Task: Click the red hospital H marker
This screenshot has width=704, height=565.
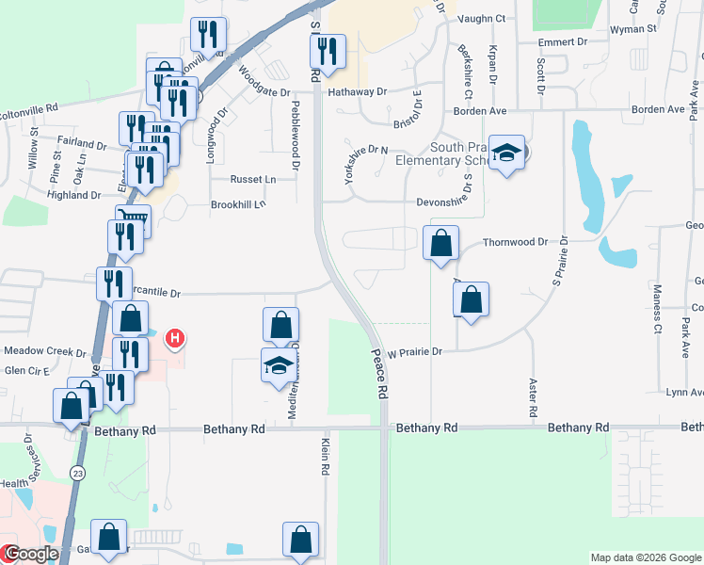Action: (x=174, y=337)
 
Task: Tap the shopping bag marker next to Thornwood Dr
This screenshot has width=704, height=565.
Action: (x=441, y=246)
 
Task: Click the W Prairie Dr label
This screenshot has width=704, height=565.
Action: (x=415, y=351)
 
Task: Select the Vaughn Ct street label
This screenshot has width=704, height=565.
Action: (x=481, y=19)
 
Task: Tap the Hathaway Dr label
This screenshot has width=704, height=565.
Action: (x=358, y=92)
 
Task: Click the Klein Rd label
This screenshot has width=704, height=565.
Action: (x=326, y=456)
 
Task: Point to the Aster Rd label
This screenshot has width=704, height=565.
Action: (x=532, y=399)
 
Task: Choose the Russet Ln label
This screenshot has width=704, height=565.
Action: (x=254, y=179)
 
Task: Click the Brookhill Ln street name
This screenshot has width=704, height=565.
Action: (x=238, y=203)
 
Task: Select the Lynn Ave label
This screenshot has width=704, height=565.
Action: (x=684, y=392)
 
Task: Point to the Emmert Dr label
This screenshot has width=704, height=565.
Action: (x=563, y=42)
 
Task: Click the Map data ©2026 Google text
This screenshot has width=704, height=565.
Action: (x=645, y=557)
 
